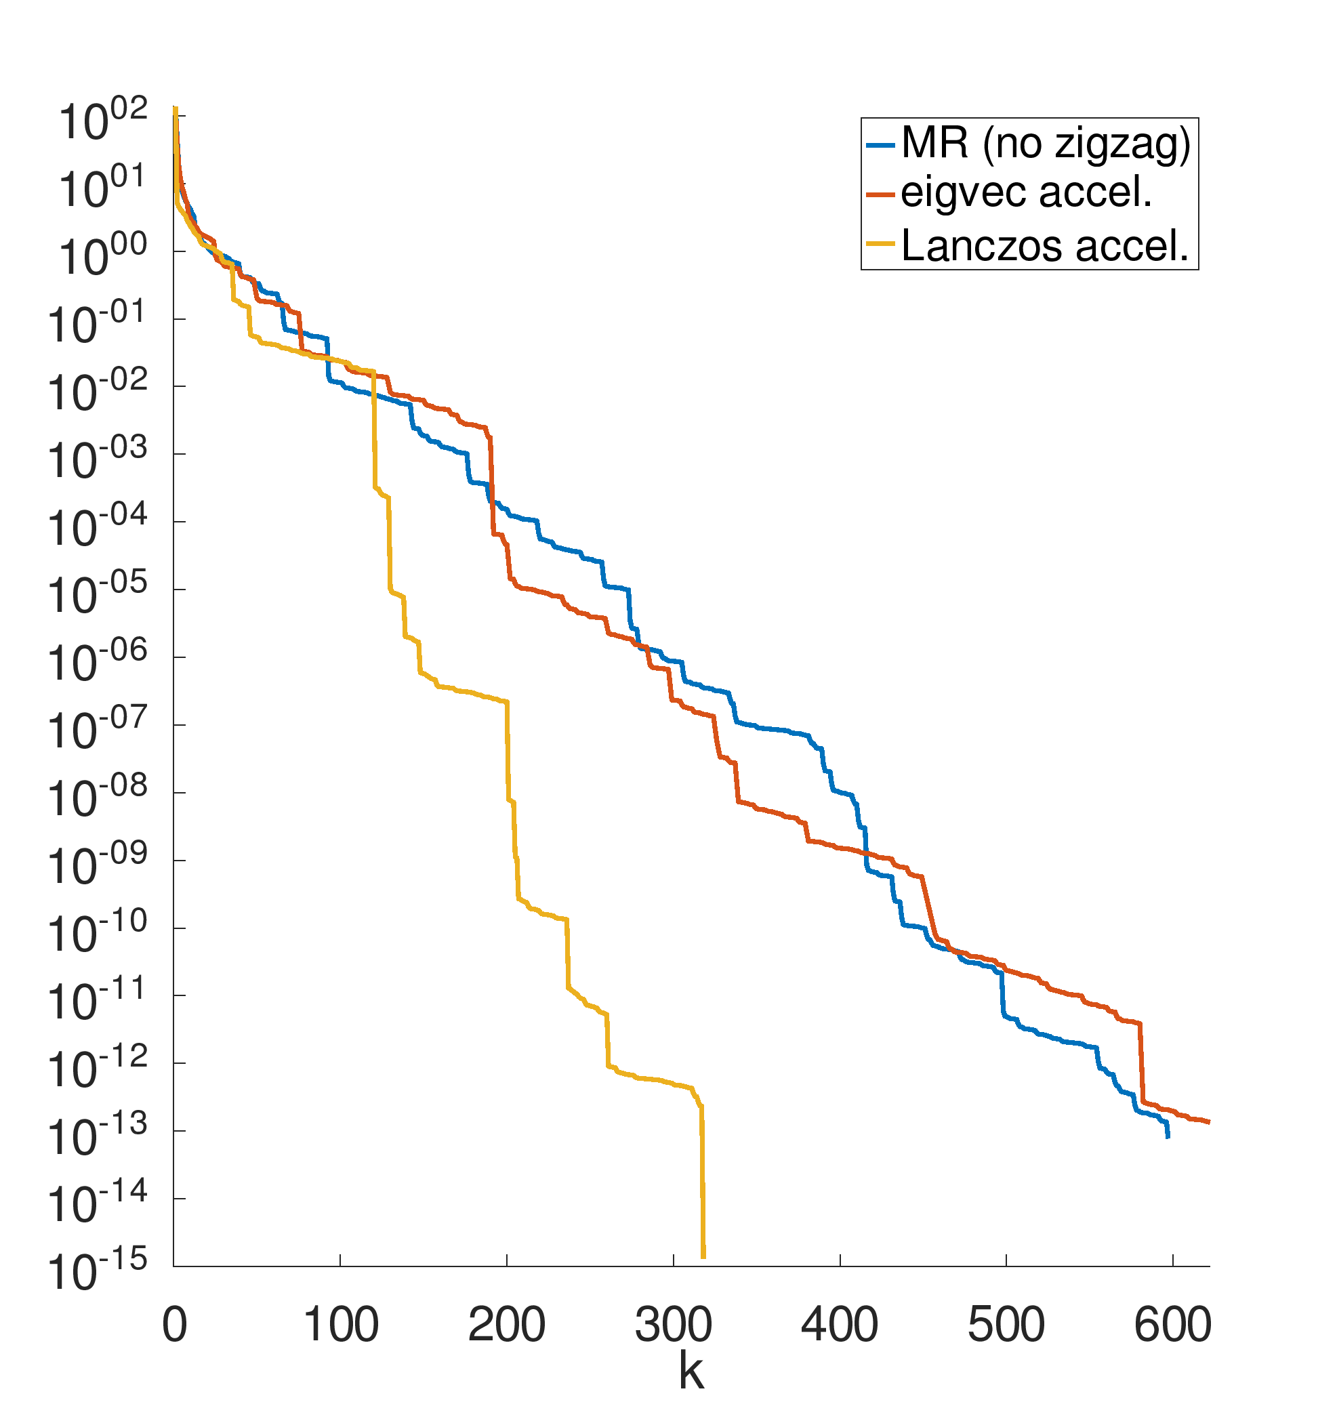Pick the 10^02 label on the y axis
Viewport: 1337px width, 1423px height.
[102, 120]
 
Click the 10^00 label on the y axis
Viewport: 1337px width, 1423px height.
[102, 255]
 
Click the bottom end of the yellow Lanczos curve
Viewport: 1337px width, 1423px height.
[703, 1257]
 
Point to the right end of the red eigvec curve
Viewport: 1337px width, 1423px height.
[1209, 1122]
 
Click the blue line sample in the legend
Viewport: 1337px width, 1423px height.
[880, 144]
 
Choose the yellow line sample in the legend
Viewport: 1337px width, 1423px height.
[880, 244]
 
